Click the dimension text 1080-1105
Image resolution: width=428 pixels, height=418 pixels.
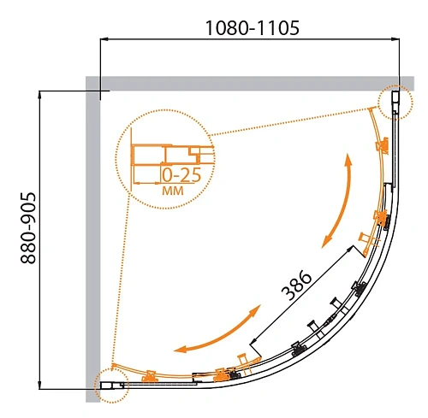tap(253, 28)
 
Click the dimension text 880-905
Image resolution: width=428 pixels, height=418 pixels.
tap(28, 228)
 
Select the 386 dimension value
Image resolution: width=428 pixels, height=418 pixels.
tap(296, 286)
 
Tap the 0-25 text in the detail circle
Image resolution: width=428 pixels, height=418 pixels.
tap(181, 175)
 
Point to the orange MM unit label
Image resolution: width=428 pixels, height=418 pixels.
tap(173, 191)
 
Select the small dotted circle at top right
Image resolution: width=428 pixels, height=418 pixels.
tap(395, 103)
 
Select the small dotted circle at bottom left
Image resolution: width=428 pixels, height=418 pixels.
tap(112, 386)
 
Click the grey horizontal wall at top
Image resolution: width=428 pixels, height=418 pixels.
tap(250, 84)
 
